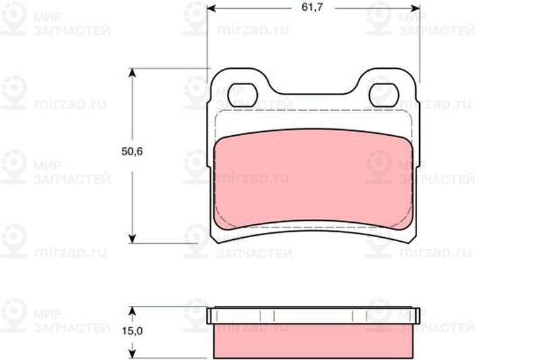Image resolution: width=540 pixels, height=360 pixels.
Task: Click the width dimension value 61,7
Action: coord(312,7)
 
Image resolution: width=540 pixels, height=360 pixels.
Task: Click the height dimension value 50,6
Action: coord(132,151)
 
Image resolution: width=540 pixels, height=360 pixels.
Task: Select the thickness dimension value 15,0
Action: coord(132,331)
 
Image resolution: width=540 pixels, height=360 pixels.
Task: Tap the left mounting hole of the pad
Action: coord(243,95)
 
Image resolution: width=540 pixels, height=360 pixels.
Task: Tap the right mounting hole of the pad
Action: coord(384,95)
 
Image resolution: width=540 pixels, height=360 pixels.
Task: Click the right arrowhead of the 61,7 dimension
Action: coord(415,8)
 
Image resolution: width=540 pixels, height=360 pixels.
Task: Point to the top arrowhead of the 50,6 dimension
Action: coord(132,73)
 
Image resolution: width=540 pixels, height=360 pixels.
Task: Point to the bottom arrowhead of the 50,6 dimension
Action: coord(132,238)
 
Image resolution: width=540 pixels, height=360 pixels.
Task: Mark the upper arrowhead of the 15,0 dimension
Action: coord(132,312)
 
